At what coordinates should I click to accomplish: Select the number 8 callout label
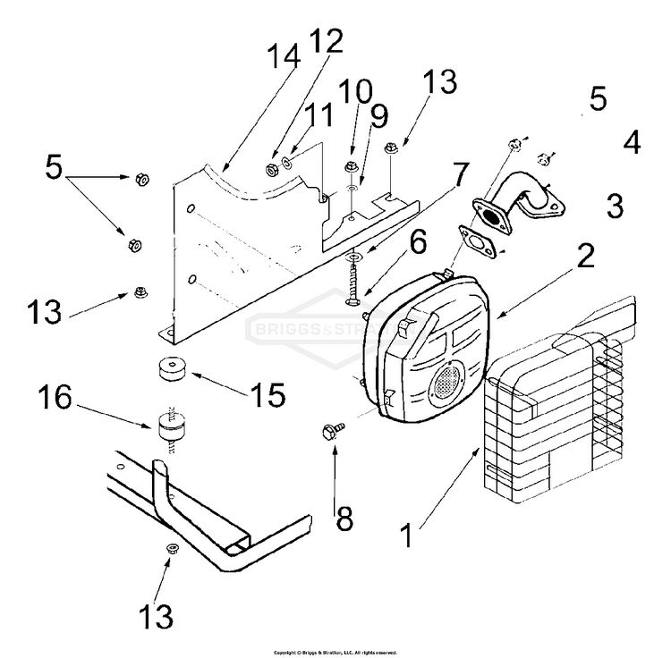pyautogui.click(x=344, y=519)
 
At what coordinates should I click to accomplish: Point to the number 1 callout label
pyautogui.click(x=407, y=537)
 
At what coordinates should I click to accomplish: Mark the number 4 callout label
pyautogui.click(x=632, y=143)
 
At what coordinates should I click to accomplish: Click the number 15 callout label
pyautogui.click(x=268, y=393)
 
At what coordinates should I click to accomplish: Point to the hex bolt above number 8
pyautogui.click(x=327, y=433)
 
